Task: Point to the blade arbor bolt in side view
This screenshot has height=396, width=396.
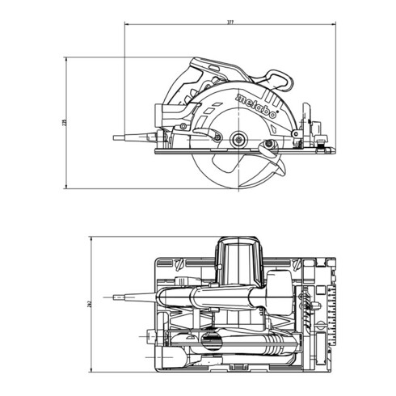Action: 241,141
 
